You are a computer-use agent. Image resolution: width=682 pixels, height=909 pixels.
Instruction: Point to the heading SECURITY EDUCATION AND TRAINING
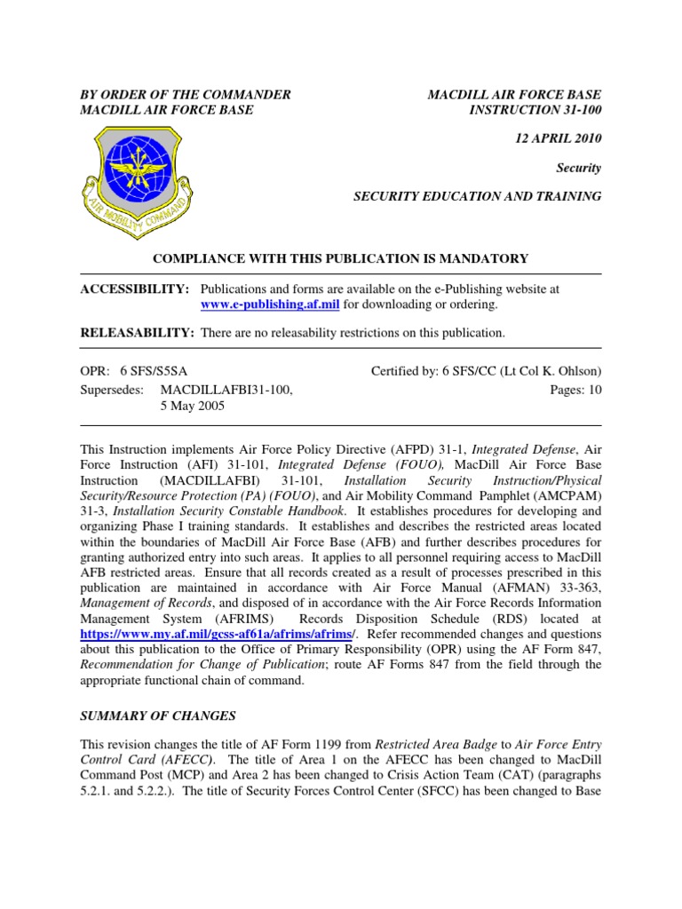click(478, 196)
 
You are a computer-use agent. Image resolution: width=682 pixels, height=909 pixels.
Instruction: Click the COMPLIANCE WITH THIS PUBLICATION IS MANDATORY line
click(341, 258)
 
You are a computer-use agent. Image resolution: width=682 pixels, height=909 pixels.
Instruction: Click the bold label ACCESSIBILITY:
click(135, 289)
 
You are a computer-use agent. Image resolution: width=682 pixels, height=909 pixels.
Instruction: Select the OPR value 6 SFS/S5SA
click(160, 371)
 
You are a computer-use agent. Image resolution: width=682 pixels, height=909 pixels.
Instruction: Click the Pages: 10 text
click(576, 389)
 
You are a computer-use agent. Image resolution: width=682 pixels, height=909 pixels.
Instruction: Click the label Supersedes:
click(111, 389)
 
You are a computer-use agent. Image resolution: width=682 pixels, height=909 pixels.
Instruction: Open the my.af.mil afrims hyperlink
click(218, 634)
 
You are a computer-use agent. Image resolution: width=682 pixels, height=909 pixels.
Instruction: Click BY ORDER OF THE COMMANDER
click(186, 94)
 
